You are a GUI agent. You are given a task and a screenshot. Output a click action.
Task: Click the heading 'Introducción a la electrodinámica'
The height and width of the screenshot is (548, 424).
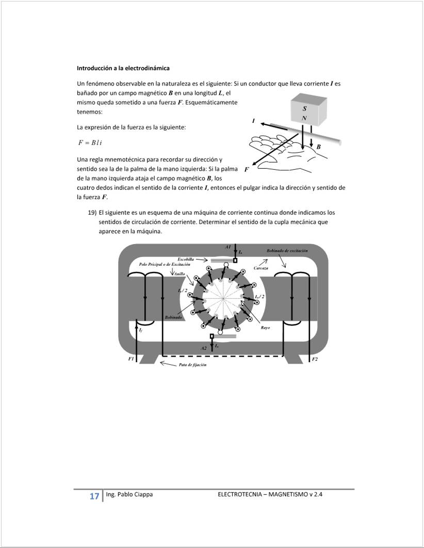coord(123,68)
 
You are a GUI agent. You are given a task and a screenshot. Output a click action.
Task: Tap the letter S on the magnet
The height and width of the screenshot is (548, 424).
coord(304,109)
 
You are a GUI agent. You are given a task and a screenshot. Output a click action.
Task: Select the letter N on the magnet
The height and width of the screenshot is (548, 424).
coord(304,118)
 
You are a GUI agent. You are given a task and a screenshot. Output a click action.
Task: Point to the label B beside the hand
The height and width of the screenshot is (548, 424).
coord(318,147)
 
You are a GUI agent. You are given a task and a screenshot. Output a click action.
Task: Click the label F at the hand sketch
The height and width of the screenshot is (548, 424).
coord(247,169)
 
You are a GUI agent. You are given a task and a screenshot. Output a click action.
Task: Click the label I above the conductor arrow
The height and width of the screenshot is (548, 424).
coord(253,121)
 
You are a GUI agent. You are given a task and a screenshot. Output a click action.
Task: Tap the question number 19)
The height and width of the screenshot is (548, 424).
coord(92,213)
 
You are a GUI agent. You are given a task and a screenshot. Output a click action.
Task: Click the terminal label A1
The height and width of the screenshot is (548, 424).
coord(228,247)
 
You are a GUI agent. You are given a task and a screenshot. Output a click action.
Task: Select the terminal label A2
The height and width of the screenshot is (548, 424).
coord(204,348)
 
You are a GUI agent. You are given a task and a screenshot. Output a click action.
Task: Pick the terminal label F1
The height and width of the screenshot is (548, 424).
coord(131,359)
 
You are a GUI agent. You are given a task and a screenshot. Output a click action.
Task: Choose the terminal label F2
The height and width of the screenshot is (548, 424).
coord(315,359)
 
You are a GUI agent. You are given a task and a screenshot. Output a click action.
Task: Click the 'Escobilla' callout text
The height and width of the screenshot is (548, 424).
coord(186,259)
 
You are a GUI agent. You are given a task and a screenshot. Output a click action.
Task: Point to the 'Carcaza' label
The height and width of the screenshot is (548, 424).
coord(261,268)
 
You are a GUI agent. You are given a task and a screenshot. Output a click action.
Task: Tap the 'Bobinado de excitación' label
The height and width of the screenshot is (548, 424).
coord(287,250)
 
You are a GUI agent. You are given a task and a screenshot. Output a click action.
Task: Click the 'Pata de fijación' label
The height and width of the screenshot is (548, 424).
coord(192,365)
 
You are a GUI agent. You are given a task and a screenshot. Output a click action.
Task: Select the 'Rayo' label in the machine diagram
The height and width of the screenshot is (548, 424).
coord(265,328)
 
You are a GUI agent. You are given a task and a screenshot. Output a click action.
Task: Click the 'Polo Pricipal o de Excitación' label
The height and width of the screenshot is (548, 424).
coord(165,264)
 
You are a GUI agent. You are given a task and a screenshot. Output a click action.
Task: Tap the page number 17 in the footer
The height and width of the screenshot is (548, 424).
coord(94,496)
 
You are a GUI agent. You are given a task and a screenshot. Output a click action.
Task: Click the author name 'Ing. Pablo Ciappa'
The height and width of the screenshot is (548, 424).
coord(129,494)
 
